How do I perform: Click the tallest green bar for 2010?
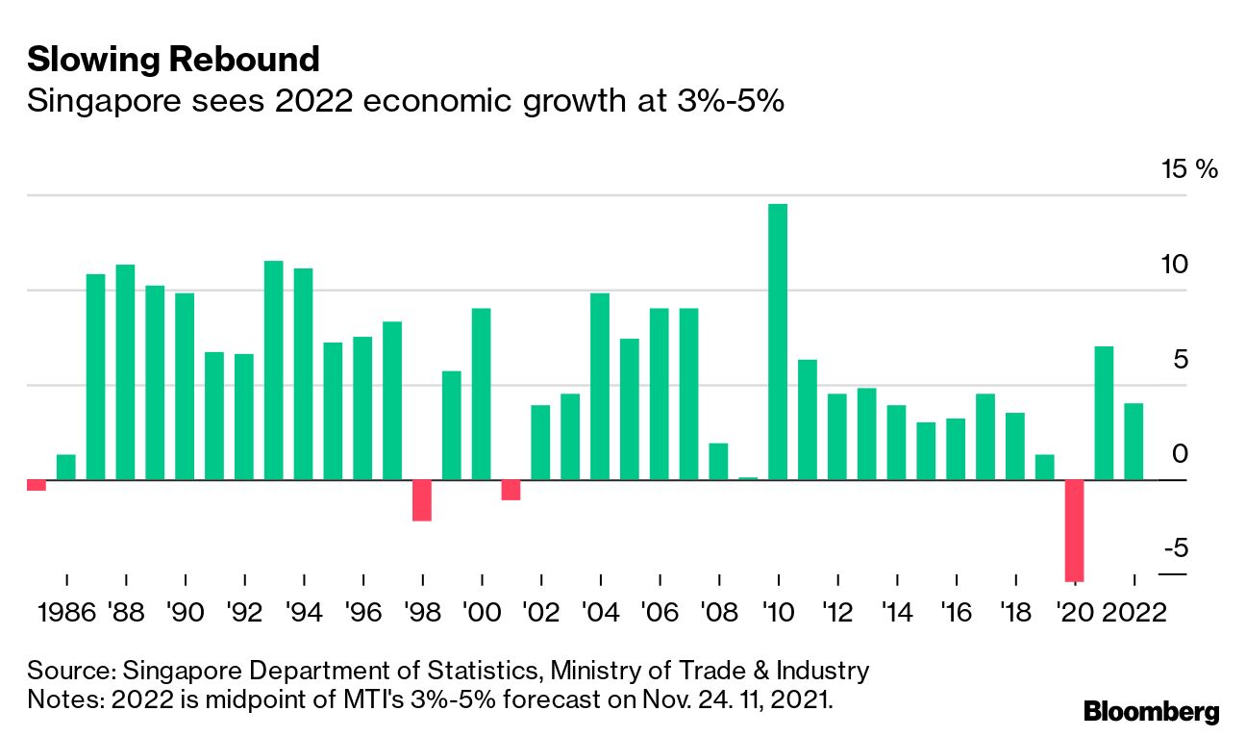tap(778, 342)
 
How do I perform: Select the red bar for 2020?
tap(1074, 530)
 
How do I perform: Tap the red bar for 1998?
tap(421, 500)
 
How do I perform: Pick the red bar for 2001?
tap(511, 490)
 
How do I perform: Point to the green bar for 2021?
tap(1104, 413)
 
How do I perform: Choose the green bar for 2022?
tap(1134, 442)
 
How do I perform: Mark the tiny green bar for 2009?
tap(748, 478)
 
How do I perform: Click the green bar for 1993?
tap(273, 370)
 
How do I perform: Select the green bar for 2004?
tap(599, 386)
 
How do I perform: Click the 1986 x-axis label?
tap(64, 613)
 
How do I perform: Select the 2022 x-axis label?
tap(1134, 613)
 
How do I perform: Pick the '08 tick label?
tap(719, 613)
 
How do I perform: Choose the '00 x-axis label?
tap(482, 613)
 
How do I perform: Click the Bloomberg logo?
tap(1151, 712)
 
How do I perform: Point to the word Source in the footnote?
tap(69, 671)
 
